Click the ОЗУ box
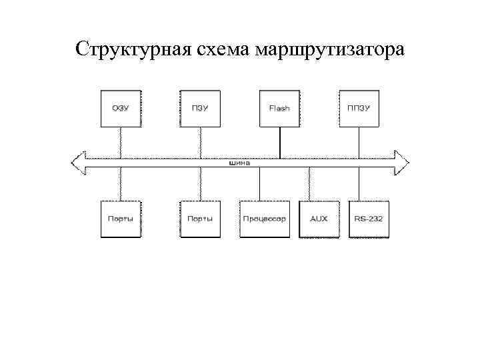(120, 107)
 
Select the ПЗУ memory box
(200, 107)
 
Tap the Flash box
(279, 107)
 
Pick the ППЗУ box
(359, 107)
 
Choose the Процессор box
(265, 219)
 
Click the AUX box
(319, 219)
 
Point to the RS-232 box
(369, 219)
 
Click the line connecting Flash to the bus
(279, 141)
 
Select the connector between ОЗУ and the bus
(120, 141)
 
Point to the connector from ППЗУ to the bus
(359, 141)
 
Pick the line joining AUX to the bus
(309, 182)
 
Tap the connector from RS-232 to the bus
(359, 182)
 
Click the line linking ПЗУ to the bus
(200, 141)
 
